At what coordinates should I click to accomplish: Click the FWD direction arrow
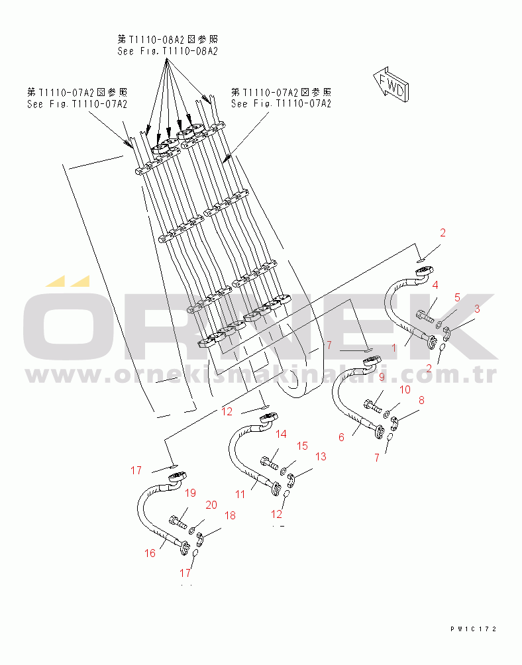pos(391,85)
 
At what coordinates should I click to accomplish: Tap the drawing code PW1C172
pos(473,629)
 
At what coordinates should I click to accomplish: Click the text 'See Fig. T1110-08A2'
pos(168,51)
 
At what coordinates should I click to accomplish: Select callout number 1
pos(394,348)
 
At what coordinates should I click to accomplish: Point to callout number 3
pos(477,309)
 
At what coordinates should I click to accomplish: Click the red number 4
pos(435,285)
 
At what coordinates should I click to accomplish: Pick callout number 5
pos(457,297)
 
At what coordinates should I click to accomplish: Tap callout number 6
pos(341,437)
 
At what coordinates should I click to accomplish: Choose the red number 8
pos(421,400)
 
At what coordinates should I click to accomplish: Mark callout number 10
pos(405,389)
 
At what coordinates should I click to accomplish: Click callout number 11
pos(240,494)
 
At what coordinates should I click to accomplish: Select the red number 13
pos(321,456)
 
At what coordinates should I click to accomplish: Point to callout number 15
pos(302,446)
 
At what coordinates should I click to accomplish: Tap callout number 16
pos(150,553)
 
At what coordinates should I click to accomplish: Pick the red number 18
pos(230,515)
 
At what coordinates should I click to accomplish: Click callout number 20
pos(211,505)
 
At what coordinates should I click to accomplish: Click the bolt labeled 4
pos(425,317)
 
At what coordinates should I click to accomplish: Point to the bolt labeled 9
pos(373,406)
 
